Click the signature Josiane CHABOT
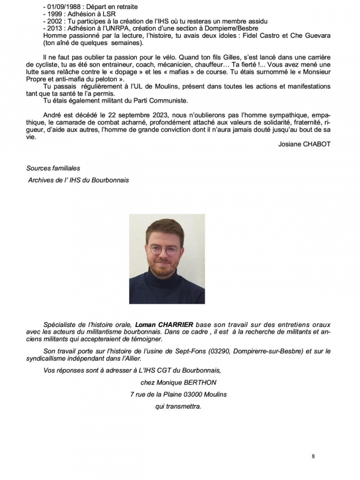pyautogui.click(x=305, y=144)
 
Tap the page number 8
pyautogui.click(x=313, y=457)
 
